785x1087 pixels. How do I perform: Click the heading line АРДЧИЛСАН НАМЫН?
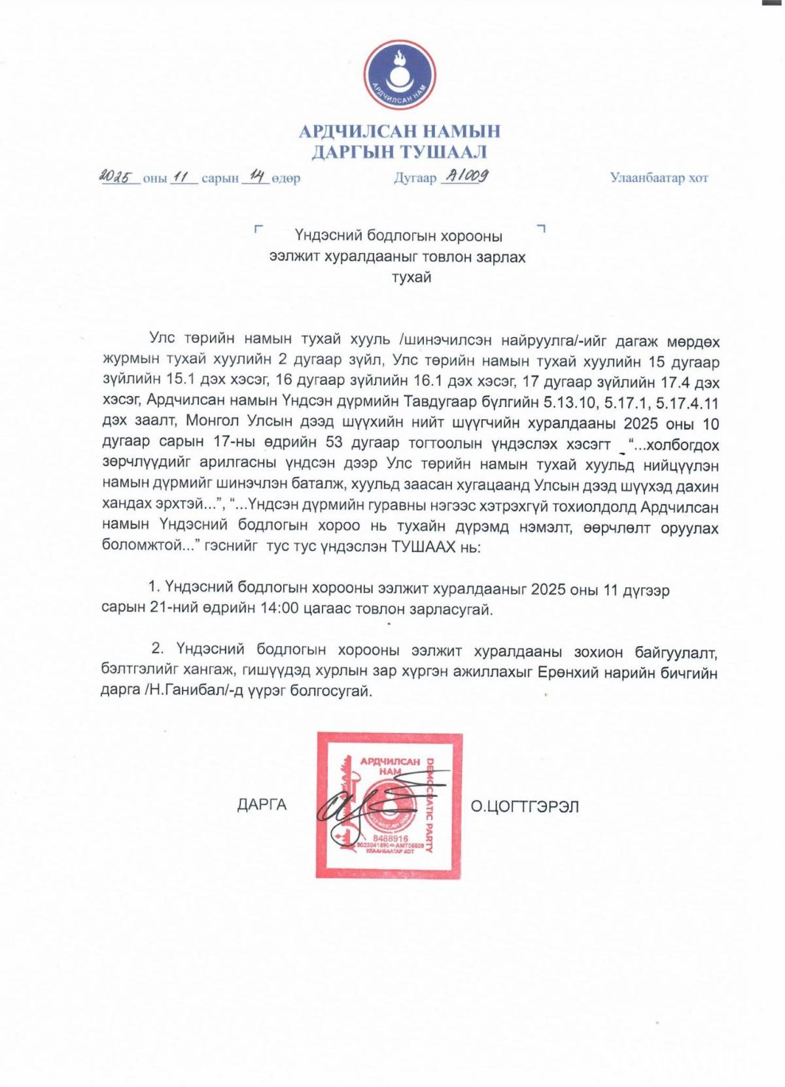coord(399,132)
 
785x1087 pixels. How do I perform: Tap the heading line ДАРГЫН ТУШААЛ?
coord(399,152)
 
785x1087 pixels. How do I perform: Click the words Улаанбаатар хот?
coord(659,178)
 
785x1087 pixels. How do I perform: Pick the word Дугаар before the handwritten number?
coord(415,178)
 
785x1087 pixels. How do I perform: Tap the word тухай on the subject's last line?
coord(411,277)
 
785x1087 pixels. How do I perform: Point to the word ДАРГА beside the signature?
coord(262,805)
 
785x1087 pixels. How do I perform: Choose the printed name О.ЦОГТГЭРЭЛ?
coord(525,806)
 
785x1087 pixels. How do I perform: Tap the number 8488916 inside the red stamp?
coord(390,838)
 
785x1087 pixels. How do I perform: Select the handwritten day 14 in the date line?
coord(256,176)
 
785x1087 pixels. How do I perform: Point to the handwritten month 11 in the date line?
coord(183,177)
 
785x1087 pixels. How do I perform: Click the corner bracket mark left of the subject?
coord(258,229)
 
